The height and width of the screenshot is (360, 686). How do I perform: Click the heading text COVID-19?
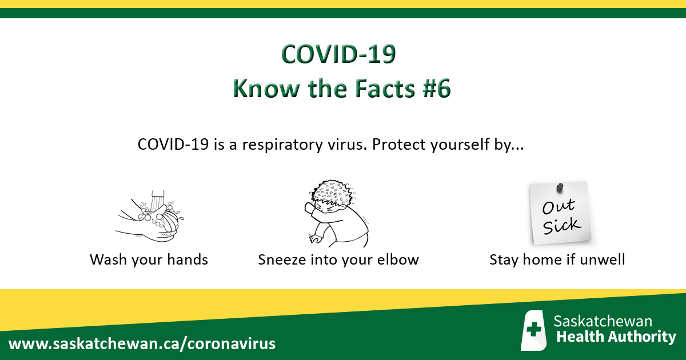[x=338, y=55]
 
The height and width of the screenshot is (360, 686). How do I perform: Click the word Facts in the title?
[x=376, y=89]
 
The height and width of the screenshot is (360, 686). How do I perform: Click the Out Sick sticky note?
[x=559, y=212]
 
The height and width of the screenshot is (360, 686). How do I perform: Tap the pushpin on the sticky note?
[x=560, y=187]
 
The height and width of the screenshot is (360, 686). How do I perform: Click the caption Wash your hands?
[x=149, y=260]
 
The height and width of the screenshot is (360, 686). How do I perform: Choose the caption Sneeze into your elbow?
[x=338, y=260]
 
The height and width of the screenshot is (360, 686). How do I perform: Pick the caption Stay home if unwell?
[x=557, y=260]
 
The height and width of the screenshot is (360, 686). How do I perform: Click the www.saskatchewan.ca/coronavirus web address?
[x=142, y=344]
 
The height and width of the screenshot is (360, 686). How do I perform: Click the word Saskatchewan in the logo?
[x=603, y=321]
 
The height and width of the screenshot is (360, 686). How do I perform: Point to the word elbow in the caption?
[x=399, y=260]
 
